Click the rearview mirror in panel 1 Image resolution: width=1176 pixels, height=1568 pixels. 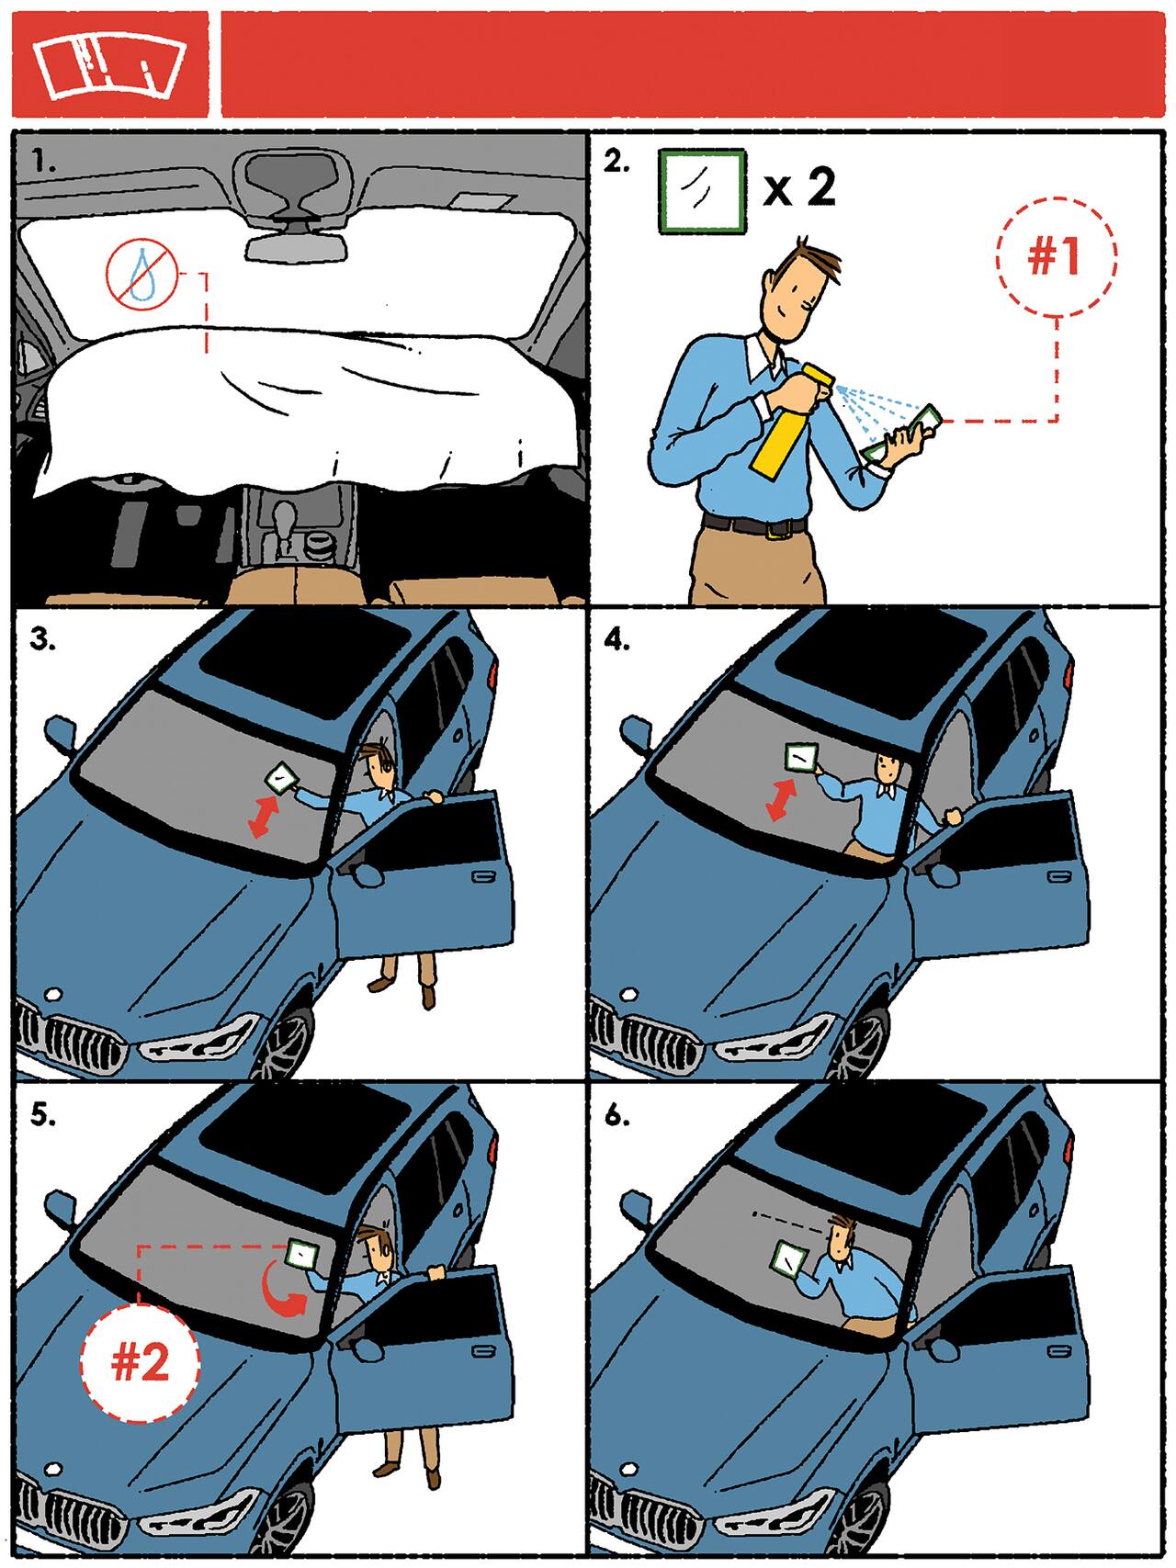296,244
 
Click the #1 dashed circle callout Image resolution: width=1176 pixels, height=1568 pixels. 1056,256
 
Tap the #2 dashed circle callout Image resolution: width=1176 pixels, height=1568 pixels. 140,1362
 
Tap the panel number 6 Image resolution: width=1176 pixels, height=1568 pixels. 616,1116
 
